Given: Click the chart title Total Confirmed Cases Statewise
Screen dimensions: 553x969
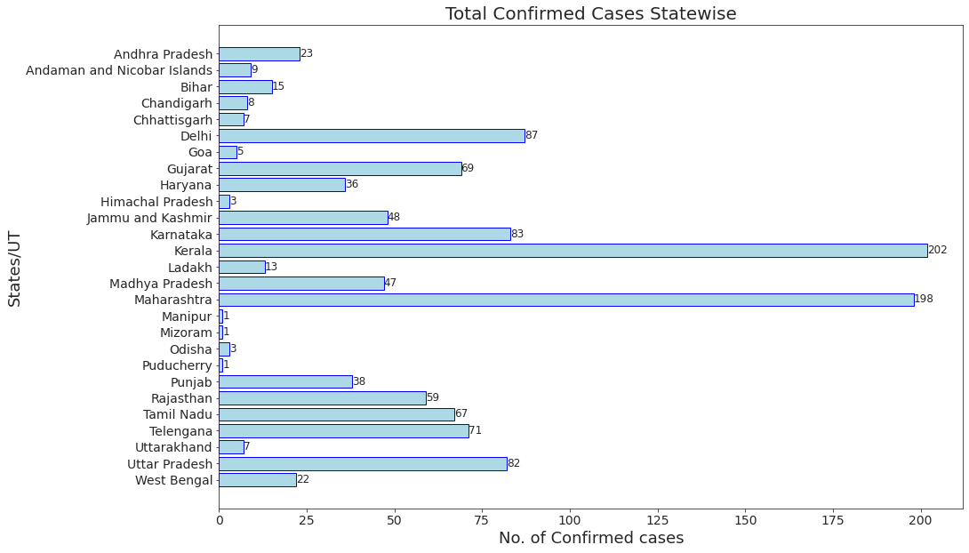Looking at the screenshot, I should click(590, 13).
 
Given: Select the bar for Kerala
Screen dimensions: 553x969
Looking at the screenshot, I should click(573, 251).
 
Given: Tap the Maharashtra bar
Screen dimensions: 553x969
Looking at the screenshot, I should click(565, 300).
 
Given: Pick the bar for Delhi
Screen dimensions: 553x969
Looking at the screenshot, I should click(372, 136).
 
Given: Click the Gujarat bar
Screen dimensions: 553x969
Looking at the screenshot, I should click(340, 169).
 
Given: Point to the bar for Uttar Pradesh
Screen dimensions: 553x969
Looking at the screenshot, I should click(363, 464).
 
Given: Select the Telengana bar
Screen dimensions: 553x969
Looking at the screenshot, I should click(343, 431).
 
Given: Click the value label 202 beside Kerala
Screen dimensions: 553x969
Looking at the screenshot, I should click(937, 251).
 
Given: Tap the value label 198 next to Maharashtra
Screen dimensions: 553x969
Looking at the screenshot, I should click(924, 300).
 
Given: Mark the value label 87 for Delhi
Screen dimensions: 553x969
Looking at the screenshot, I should click(532, 136).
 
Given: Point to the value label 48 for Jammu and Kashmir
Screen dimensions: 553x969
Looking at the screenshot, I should click(395, 218).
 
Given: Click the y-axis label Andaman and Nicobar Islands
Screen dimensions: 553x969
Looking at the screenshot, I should click(119, 70).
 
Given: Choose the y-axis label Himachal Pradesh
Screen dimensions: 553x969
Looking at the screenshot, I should click(156, 202).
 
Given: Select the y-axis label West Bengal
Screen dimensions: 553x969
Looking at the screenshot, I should click(174, 481).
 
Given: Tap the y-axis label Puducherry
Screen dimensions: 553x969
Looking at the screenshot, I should click(177, 365).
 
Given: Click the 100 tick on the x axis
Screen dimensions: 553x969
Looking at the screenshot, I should click(570, 519).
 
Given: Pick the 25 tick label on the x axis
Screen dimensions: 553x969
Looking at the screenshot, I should click(307, 519).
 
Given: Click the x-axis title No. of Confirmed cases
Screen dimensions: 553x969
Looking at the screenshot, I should click(590, 538).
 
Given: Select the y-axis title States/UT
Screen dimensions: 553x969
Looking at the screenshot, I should click(15, 268).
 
